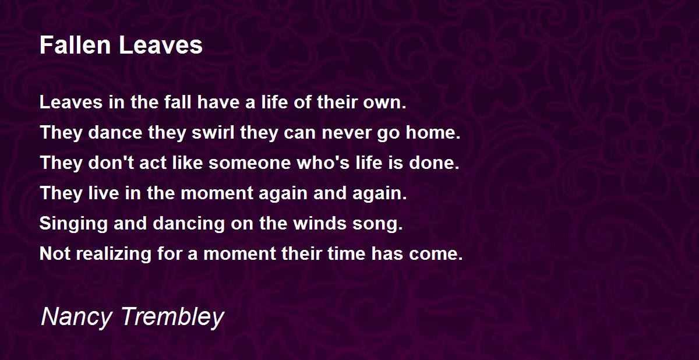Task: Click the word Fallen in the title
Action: (x=75, y=45)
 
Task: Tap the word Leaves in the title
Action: (x=161, y=45)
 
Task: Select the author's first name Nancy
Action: (x=76, y=317)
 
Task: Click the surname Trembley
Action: (x=172, y=317)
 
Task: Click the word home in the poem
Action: (x=433, y=132)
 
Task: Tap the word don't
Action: (x=111, y=163)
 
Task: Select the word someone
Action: (x=250, y=163)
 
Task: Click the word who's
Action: (x=323, y=163)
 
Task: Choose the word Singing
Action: (x=73, y=224)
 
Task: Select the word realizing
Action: (x=114, y=253)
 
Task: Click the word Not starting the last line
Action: (x=55, y=253)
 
